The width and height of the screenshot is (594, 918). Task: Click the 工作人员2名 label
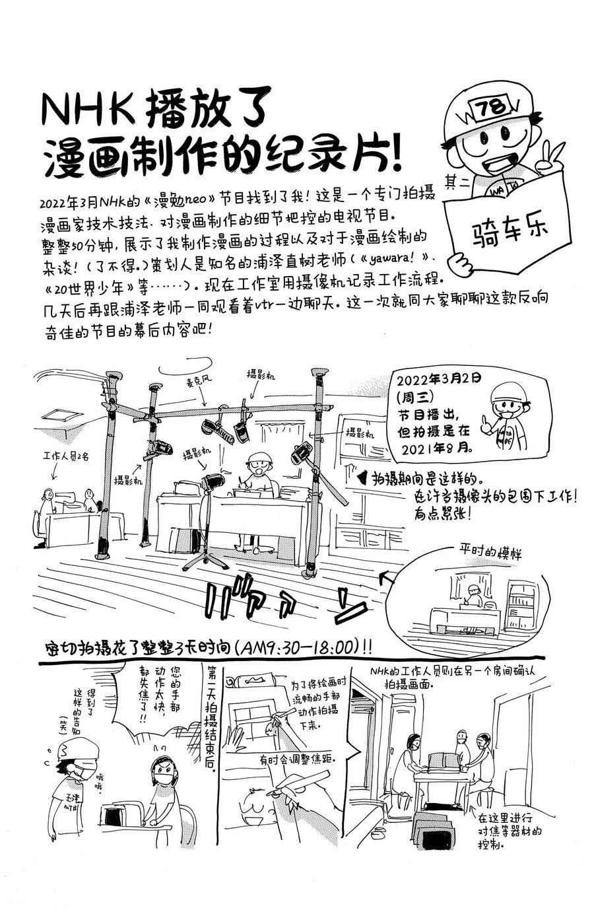65,456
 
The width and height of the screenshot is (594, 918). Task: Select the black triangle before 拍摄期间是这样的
362,477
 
